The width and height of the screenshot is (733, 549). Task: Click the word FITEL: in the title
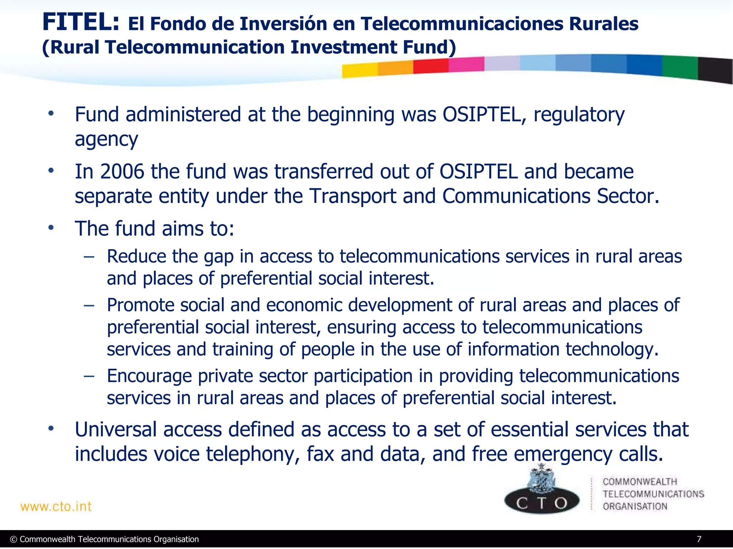coord(81,22)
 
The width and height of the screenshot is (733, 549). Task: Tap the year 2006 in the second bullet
coord(122,172)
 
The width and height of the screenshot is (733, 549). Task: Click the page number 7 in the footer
coord(699,539)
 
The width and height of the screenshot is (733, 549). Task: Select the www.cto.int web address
coord(56,506)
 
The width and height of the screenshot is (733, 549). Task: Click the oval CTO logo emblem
coord(542,501)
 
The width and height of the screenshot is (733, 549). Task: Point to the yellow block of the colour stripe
coord(359,70)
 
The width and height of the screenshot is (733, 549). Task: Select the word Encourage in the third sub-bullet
coord(149,376)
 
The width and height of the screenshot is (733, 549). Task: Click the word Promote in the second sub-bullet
coord(140,305)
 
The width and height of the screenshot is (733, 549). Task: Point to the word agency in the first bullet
coord(106,140)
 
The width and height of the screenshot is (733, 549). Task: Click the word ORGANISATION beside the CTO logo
coord(635,506)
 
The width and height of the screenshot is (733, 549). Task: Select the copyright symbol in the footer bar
coord(14,539)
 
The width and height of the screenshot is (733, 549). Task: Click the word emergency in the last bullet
coord(563,454)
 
